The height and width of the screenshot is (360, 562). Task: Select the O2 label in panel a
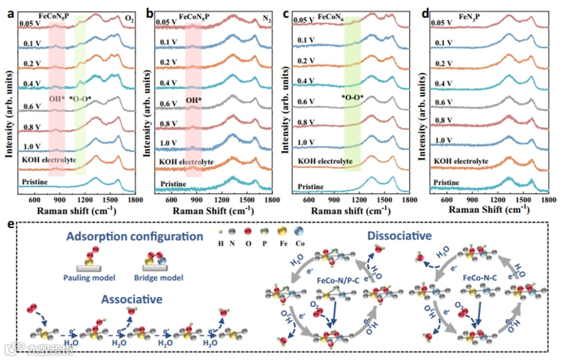129,19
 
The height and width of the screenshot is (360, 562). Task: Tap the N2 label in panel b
266,19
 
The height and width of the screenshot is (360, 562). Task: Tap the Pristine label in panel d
446,182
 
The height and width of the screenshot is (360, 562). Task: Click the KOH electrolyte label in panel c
323,161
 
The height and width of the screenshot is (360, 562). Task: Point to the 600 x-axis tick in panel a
34,199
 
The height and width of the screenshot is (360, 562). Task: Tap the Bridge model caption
162,278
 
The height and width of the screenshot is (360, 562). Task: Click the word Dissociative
399,236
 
